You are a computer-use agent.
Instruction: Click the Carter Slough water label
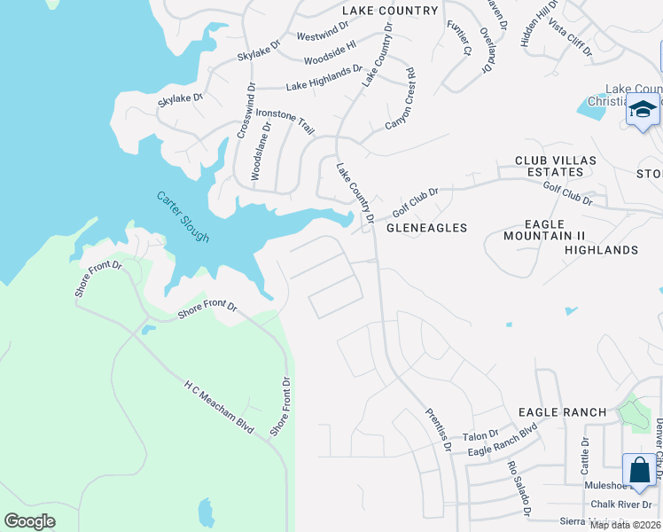(x=183, y=217)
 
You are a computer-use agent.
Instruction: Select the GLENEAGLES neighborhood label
(x=426, y=228)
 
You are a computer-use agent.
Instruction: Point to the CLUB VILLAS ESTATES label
(x=556, y=167)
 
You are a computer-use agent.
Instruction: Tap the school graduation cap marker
(x=643, y=111)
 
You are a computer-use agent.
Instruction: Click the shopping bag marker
(x=640, y=469)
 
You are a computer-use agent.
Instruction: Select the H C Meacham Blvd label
(x=219, y=407)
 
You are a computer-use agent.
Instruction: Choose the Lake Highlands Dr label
(x=324, y=78)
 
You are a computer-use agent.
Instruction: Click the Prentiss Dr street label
(x=438, y=428)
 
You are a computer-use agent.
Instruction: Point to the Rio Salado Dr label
(x=519, y=489)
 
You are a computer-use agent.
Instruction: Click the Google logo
(x=30, y=521)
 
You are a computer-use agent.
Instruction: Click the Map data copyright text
(x=625, y=525)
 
